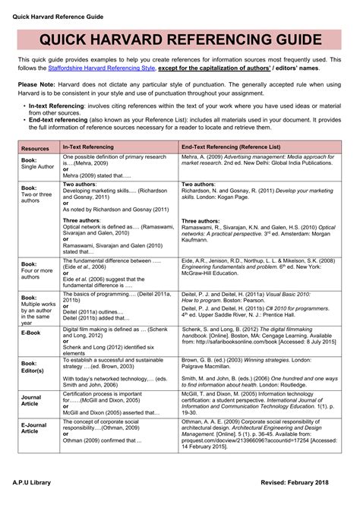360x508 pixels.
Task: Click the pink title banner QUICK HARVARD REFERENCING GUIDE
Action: pyautogui.click(x=179, y=40)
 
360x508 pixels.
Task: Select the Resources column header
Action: pyautogui.click(x=35, y=149)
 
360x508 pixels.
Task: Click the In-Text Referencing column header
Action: pyautogui.click(x=87, y=148)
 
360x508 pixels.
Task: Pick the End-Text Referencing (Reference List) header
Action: pyautogui.click(x=230, y=148)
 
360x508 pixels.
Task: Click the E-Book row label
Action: pyautogui.click(x=31, y=333)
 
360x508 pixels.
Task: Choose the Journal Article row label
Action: pyautogui.click(x=31, y=400)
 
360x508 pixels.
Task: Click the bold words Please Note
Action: pyautogui.click(x=38, y=85)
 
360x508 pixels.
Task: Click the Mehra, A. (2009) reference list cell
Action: pyautogui.click(x=258, y=165)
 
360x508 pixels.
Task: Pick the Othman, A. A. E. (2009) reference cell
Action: pyautogui.click(x=258, y=434)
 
